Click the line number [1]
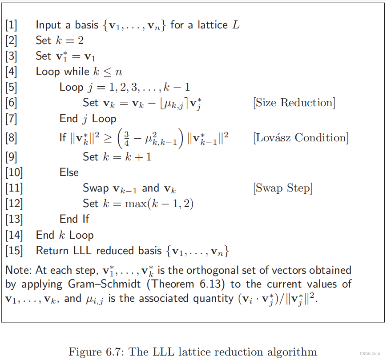pos(11,25)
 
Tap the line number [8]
pos(11,138)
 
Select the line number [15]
pos(14,251)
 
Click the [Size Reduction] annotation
pos(294,103)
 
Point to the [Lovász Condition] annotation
pos(301,138)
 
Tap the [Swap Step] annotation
pos(283,188)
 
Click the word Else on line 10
pos(69,172)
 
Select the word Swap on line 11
pos(96,188)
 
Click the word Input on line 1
pos(48,25)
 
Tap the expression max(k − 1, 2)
pos(164,204)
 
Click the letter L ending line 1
pos(236,25)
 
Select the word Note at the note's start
pos(16,270)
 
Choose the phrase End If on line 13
pos(74,219)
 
